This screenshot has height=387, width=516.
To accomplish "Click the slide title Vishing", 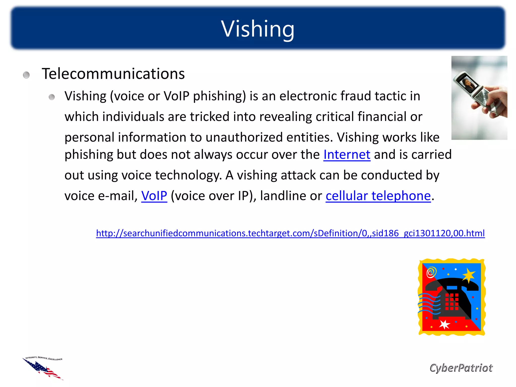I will pos(258,29).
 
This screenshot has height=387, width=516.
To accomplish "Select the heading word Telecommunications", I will pos(113,74).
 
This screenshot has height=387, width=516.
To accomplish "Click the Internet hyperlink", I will pos(347,154).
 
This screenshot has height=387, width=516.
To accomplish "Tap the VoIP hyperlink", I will pos(154,196).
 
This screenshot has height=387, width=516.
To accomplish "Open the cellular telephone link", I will pos(378,196).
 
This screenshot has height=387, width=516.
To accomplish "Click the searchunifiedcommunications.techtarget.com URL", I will pos(290,233).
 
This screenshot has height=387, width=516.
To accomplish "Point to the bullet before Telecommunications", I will pos(26,75).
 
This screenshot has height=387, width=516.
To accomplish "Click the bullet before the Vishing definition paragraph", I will pos(52,97).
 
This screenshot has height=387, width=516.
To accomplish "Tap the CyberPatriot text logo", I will pos(461,368).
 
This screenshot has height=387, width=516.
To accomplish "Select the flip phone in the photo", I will pos(474,93).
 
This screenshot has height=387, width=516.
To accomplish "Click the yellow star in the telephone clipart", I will pos(469,275).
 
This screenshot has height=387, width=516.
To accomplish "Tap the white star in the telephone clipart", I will pos(444,324).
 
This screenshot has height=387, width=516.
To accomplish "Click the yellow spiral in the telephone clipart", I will pos(431,272).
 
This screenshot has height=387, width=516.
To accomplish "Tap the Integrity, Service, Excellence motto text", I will pos(44,358).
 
